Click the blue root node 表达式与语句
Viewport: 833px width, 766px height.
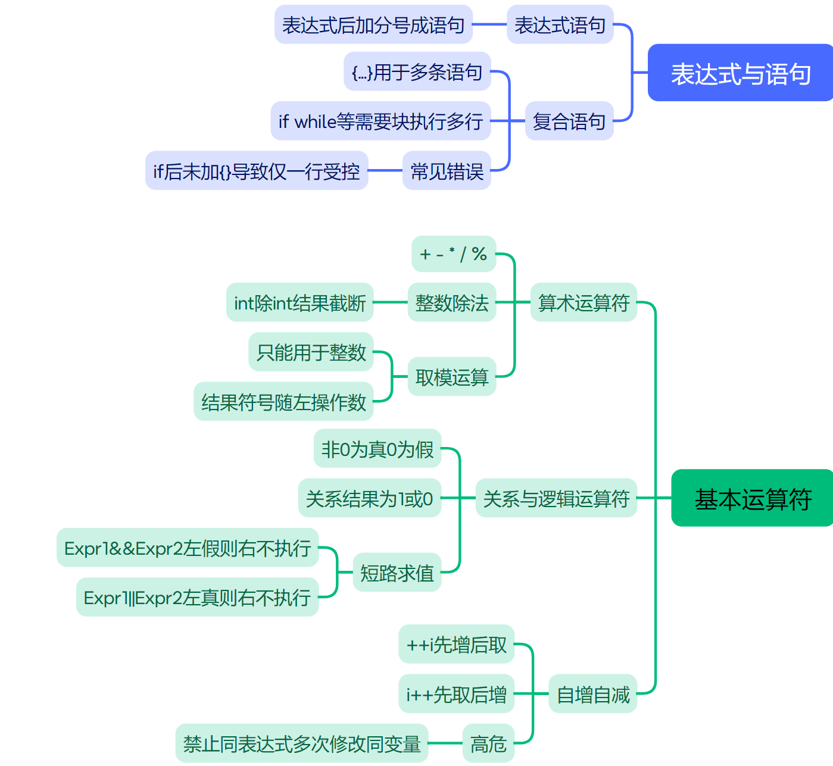[740, 73]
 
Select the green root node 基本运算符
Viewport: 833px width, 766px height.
[752, 498]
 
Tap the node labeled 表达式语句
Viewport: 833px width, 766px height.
[560, 25]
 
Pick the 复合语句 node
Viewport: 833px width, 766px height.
[569, 121]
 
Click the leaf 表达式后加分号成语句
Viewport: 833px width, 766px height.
[373, 25]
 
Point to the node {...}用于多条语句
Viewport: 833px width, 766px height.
[417, 72]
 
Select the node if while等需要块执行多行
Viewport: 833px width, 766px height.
[380, 121]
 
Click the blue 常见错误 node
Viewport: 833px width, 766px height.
[447, 171]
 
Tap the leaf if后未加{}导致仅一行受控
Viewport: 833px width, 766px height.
[257, 171]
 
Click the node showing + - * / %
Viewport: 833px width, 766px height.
[454, 254]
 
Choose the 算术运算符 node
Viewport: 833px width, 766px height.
[584, 303]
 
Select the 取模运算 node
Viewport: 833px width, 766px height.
[451, 377]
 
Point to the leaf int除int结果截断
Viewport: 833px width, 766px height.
[299, 303]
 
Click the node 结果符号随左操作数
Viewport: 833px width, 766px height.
[283, 402]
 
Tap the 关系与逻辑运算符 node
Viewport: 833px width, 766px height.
[556, 498]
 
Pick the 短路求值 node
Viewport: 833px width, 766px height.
[397, 573]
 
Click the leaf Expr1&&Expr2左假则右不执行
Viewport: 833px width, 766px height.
[188, 548]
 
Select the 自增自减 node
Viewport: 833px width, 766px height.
[592, 694]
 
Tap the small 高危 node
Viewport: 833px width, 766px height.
[488, 743]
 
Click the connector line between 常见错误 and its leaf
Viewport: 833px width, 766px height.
[385, 171]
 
